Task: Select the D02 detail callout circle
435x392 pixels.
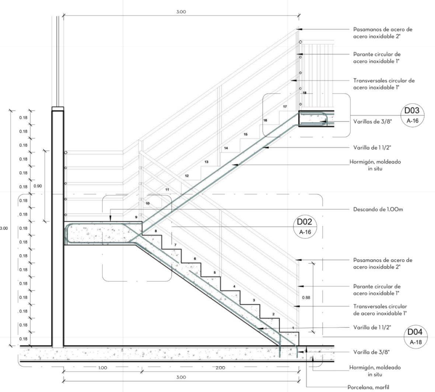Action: coord(304,226)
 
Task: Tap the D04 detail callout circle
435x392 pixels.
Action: coord(415,337)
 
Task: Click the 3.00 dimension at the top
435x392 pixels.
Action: coord(181,12)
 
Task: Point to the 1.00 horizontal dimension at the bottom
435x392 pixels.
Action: coord(102,368)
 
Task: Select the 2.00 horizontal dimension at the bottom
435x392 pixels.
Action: coord(220,368)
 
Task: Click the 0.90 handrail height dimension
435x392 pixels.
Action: coord(38,186)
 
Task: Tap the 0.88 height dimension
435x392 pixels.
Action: coord(306,297)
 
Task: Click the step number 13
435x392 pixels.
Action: coord(206,162)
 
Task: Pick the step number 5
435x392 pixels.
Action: coord(215,273)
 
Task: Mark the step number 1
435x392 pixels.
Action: coord(293,328)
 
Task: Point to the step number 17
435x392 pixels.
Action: coord(285,107)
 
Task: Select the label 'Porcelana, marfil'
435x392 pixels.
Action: coord(368,387)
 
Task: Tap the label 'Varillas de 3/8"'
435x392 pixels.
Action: coord(371,121)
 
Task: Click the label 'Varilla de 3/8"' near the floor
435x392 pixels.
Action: coord(371,352)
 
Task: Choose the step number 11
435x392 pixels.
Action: coord(167,190)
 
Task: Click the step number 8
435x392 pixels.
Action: coord(156,231)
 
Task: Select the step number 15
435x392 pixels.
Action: coord(246,134)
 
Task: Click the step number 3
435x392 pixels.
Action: coord(254,300)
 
